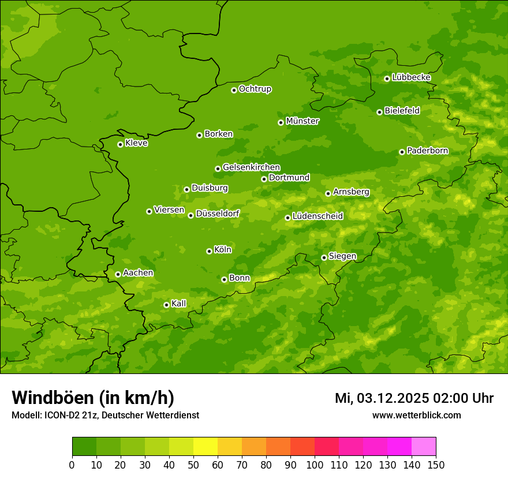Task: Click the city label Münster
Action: click(302, 121)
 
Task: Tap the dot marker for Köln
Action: click(209, 251)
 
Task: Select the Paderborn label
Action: click(427, 151)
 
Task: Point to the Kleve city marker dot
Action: click(120, 144)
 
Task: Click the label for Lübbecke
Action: click(411, 77)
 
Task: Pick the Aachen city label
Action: click(138, 273)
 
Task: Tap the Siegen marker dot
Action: click(324, 257)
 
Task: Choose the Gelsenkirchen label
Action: click(251, 167)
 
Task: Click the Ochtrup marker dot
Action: click(234, 90)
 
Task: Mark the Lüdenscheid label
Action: click(317, 216)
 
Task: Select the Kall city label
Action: click(179, 304)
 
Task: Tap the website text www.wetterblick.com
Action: click(416, 415)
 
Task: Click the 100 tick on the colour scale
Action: click(315, 464)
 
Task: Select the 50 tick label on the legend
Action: click(193, 464)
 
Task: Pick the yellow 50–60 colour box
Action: click(206, 447)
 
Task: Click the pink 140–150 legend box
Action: click(424, 447)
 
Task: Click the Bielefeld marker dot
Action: click(379, 112)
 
